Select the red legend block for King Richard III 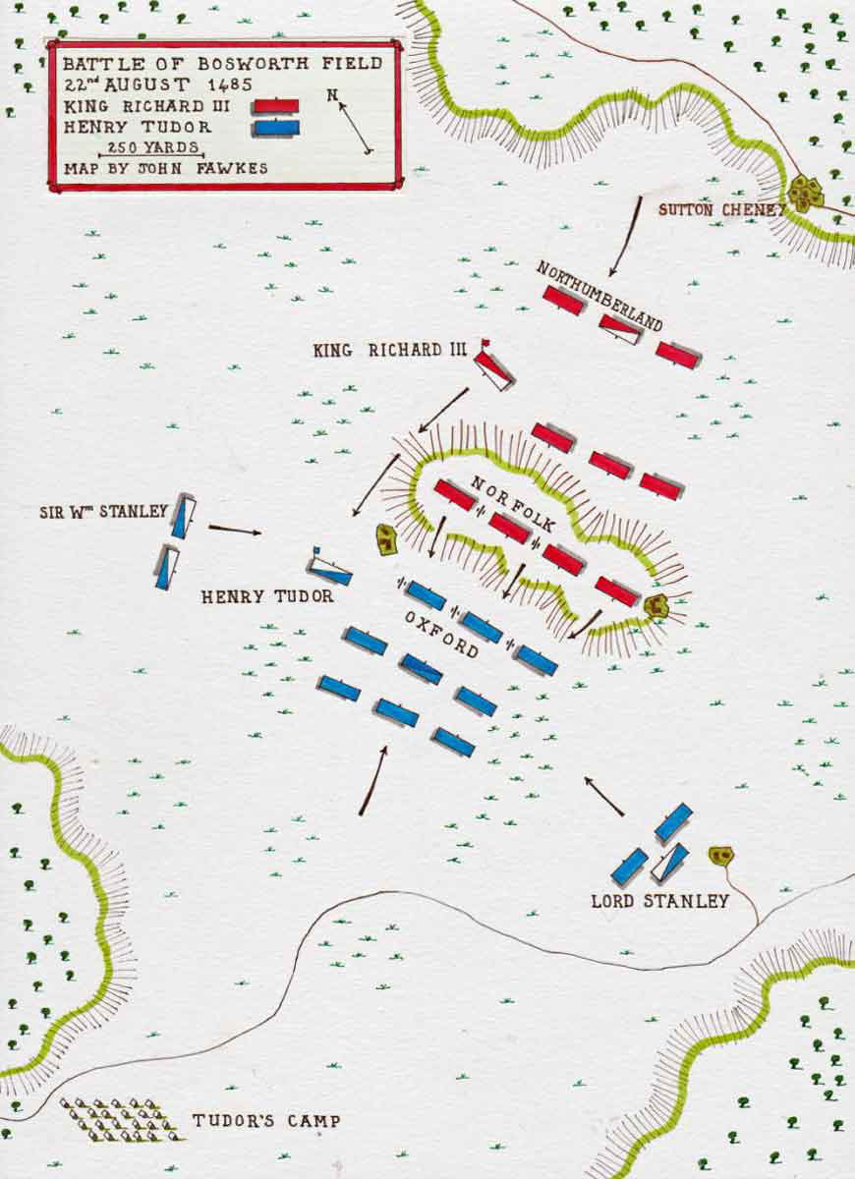coord(277,106)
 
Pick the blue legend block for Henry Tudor coord(276,128)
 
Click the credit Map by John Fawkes coord(165,169)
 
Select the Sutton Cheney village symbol coord(806,193)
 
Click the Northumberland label coord(598,296)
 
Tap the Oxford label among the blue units coord(441,635)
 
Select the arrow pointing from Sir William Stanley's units coord(235,531)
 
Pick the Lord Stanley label coord(659,901)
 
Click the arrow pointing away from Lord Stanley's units coord(604,797)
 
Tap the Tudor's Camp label coord(265,1121)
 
